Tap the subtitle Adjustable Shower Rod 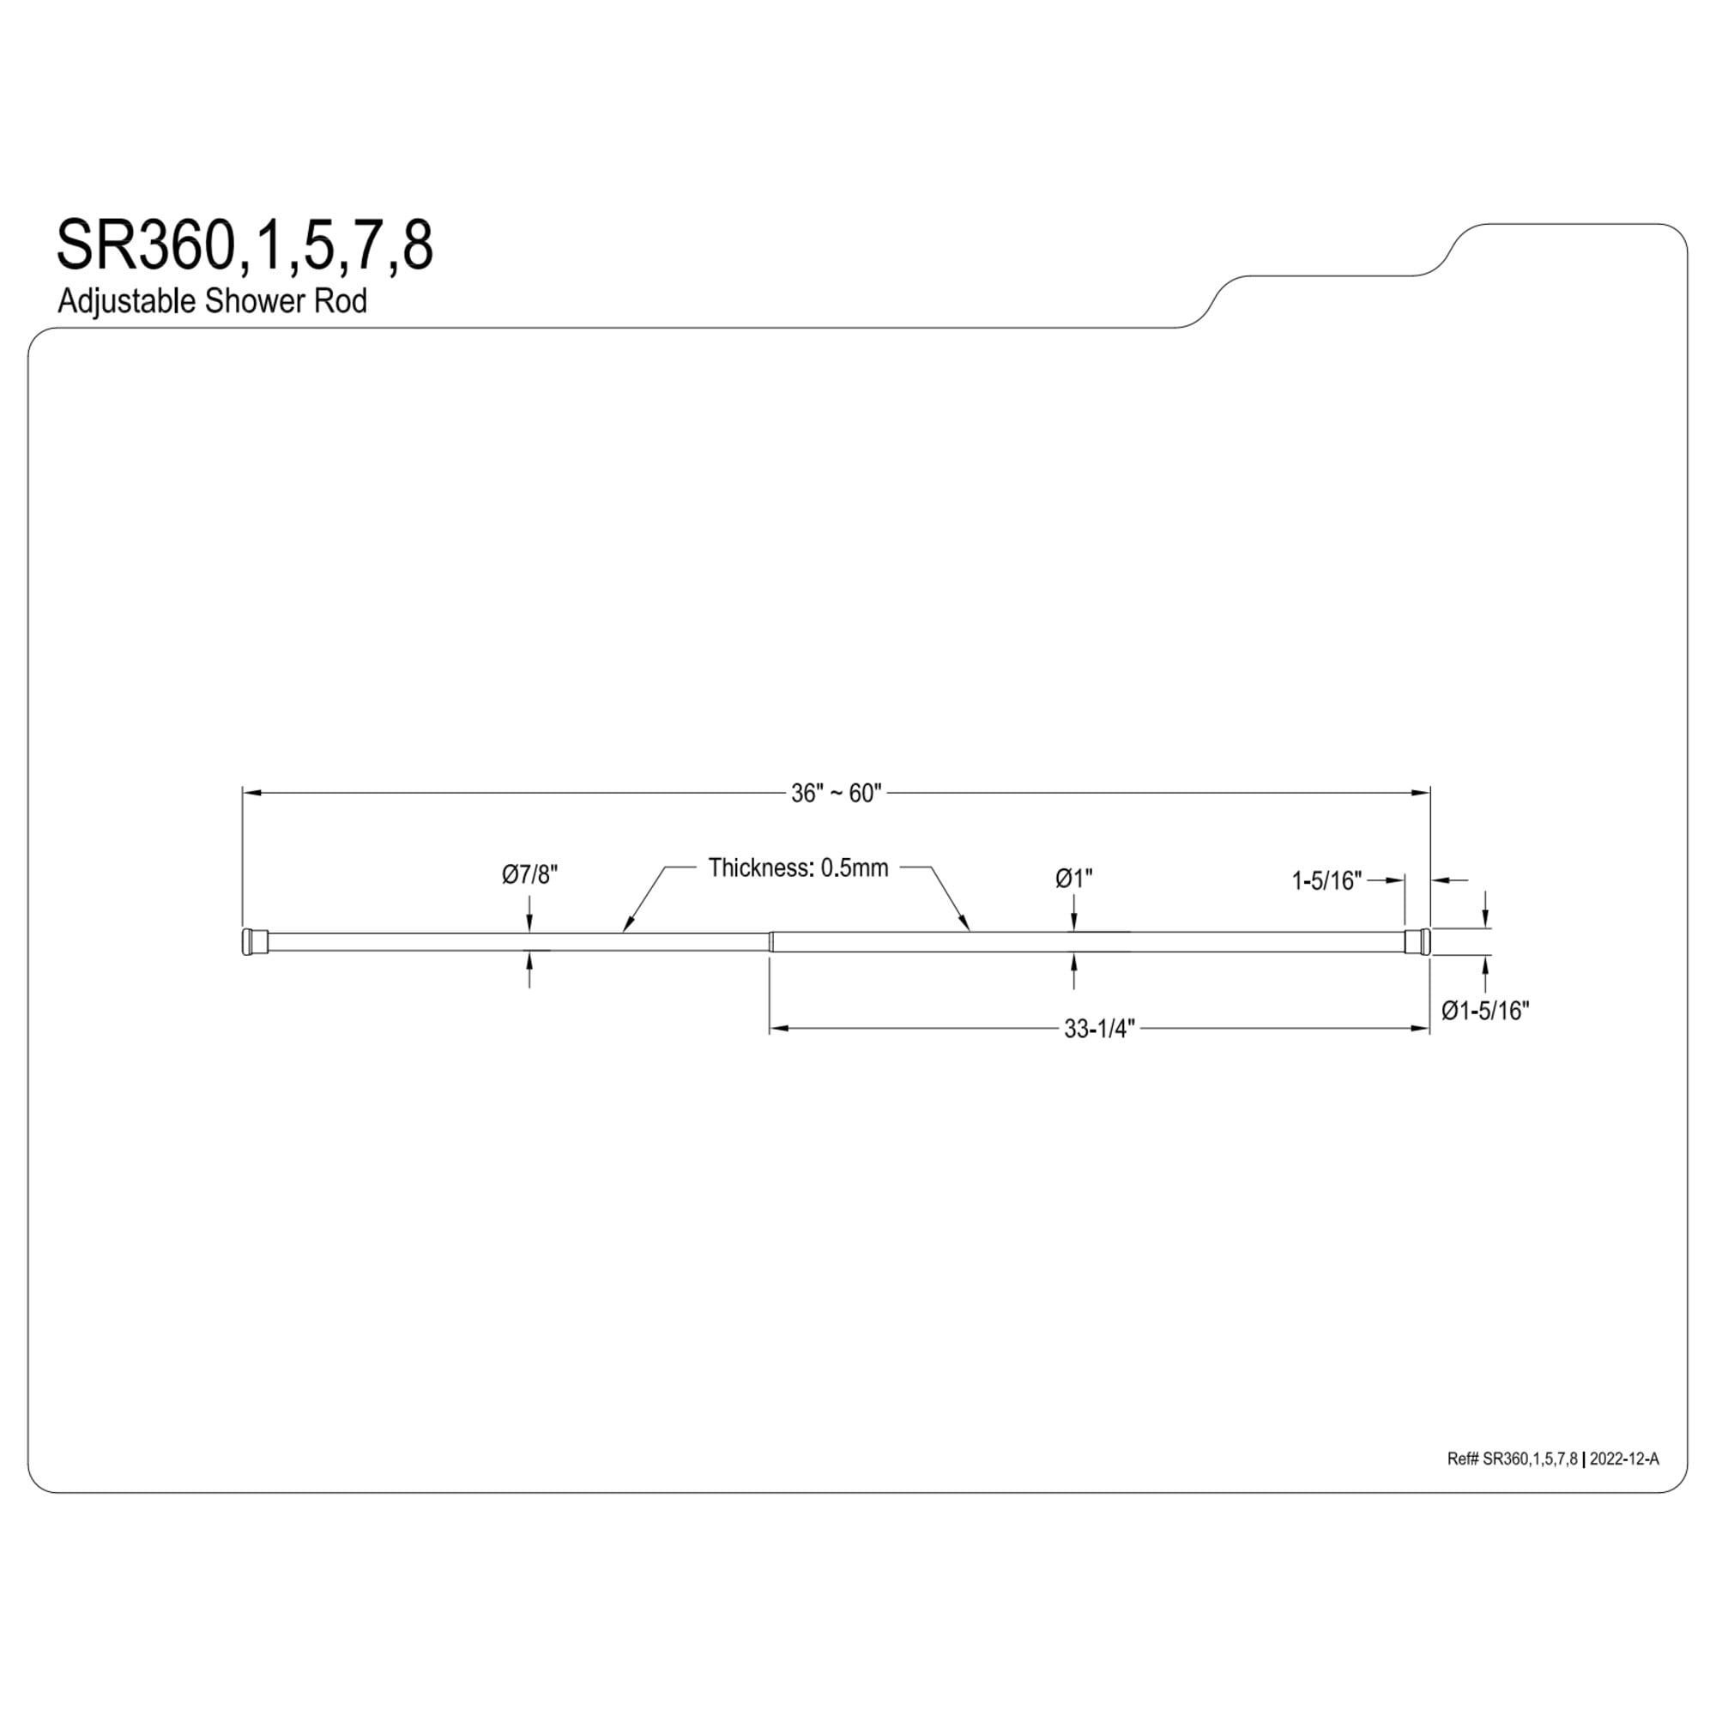pyautogui.click(x=212, y=301)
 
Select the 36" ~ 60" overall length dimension pyautogui.click(x=836, y=793)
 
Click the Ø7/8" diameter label pyautogui.click(x=529, y=875)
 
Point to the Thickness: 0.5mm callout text pyautogui.click(x=798, y=867)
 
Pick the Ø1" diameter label pyautogui.click(x=1074, y=879)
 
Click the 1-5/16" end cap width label pyautogui.click(x=1326, y=880)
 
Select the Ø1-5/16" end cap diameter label pyautogui.click(x=1485, y=1011)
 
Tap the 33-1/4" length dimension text pyautogui.click(x=1100, y=1029)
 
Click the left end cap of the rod pyautogui.click(x=254, y=941)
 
